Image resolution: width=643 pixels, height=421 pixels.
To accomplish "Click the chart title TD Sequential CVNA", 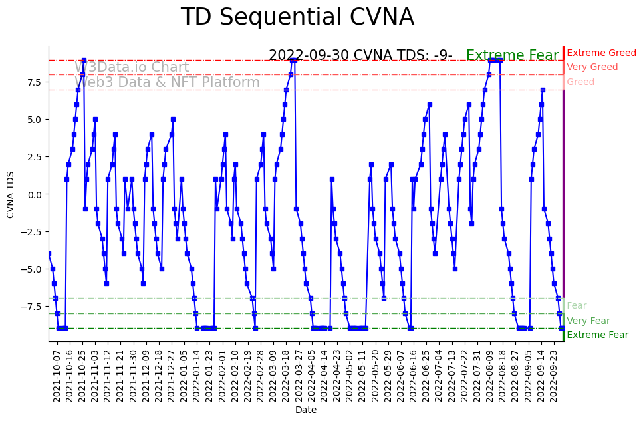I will click(297, 17).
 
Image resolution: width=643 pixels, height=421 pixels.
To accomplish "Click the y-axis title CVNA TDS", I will click(11, 194).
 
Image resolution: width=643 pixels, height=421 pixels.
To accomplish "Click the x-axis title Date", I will click(306, 410).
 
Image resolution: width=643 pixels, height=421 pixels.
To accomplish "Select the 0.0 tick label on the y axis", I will click(35, 194).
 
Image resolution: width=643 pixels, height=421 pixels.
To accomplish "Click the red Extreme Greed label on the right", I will click(601, 53).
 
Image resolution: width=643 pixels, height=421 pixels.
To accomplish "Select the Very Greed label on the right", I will click(592, 67).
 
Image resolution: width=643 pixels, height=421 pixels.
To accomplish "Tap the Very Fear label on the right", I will click(588, 321).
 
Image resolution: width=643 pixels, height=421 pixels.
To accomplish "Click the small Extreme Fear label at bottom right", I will click(597, 335).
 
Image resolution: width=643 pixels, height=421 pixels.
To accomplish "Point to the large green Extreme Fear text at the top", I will click(512, 55).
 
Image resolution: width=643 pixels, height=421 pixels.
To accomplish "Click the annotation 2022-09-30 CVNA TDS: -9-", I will click(360, 55).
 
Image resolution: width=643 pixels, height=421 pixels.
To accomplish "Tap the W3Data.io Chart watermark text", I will click(132, 67).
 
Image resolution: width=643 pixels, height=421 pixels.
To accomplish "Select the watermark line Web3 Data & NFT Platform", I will click(167, 82).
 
